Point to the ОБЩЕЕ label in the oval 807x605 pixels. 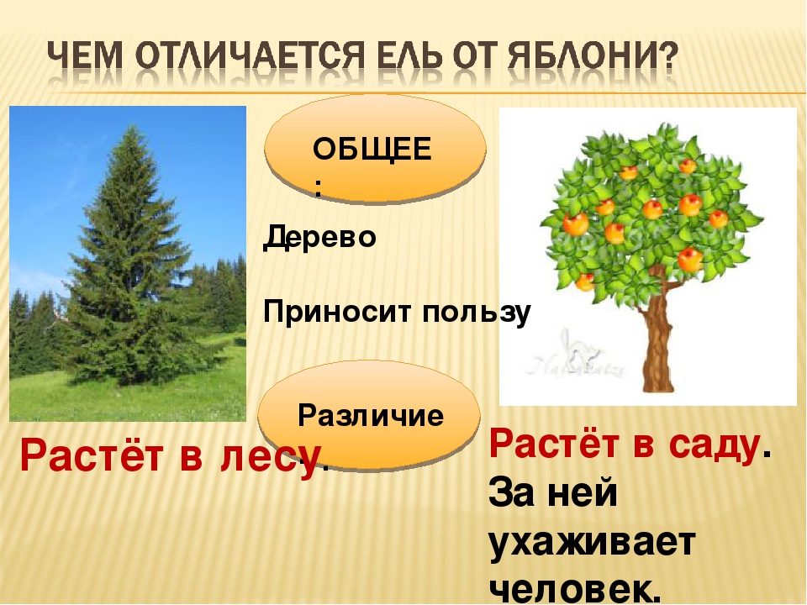pos(372,150)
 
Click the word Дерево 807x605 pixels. pos(319,238)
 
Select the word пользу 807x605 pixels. pos(477,313)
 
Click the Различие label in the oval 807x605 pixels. pos(371,415)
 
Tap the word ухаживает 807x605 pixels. pos(592,542)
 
